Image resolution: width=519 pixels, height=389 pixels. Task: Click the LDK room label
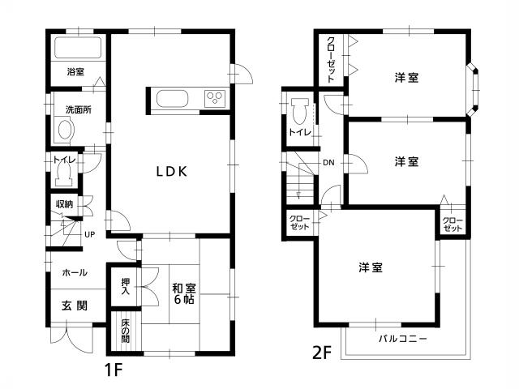coord(172,171)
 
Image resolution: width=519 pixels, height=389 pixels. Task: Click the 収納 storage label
coord(64,203)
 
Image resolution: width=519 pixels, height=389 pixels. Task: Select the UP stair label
coord(89,235)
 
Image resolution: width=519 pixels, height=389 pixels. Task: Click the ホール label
coord(75,273)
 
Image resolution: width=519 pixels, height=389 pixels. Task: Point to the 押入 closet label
coord(125,286)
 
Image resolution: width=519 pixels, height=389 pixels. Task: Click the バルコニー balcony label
coord(402,337)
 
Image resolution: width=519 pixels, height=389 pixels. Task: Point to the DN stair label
coord(328,163)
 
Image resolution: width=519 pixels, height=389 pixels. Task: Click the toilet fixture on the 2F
coord(299,107)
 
